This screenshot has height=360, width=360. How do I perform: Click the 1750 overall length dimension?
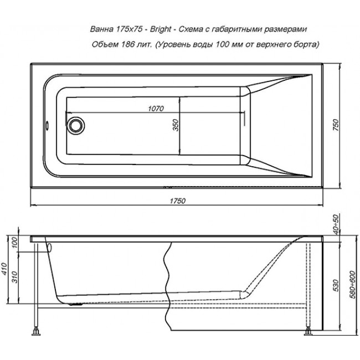click(177, 201)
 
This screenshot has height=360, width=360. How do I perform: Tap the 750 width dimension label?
click(336, 125)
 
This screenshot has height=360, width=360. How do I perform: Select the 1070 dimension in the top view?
click(156, 108)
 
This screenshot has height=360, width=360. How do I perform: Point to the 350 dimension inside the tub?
click(176, 125)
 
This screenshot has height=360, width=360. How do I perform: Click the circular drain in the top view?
click(75, 126)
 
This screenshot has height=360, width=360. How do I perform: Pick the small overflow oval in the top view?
click(47, 126)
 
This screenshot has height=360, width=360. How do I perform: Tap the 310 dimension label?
click(14, 277)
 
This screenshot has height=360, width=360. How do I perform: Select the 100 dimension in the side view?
click(14, 242)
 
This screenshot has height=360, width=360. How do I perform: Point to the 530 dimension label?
click(336, 285)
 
